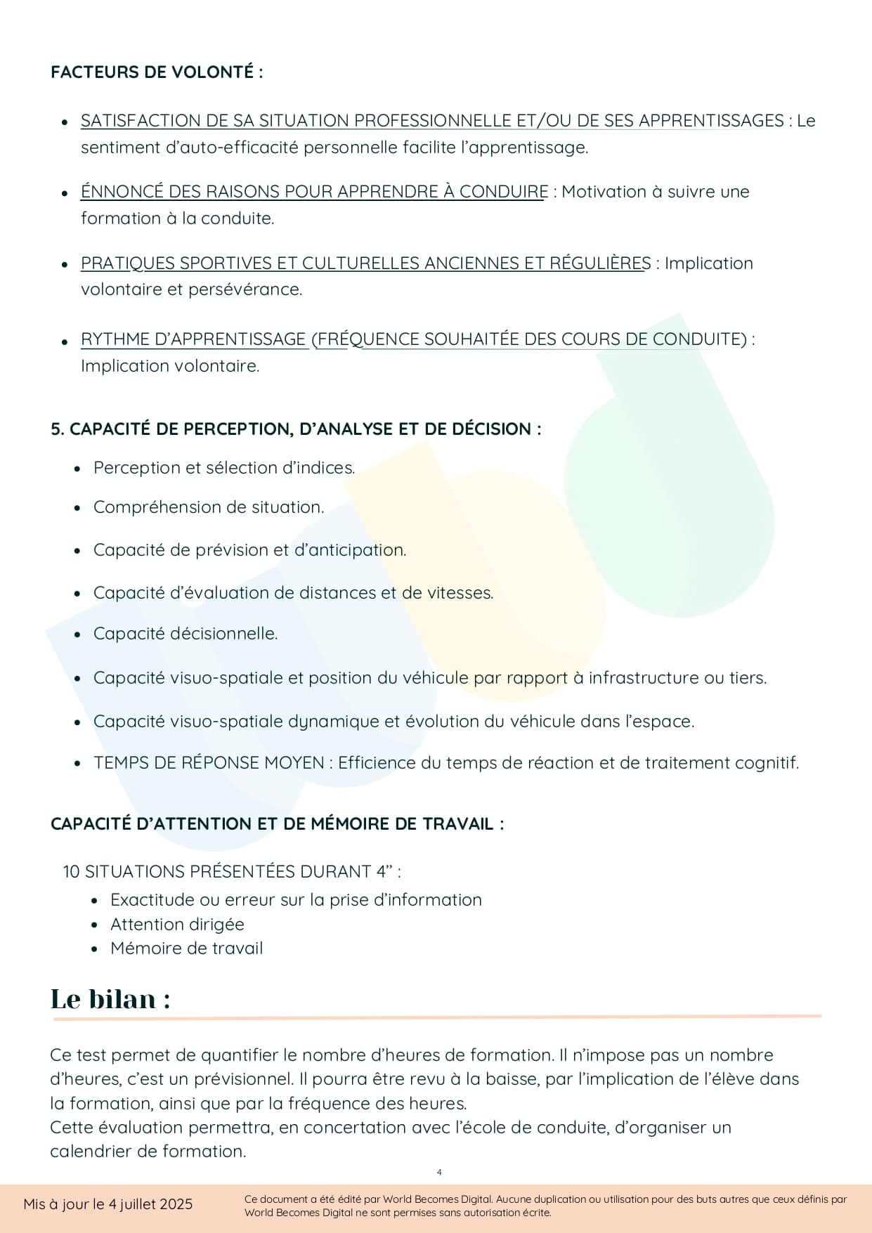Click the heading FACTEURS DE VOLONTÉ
point(156,72)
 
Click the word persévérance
point(245,289)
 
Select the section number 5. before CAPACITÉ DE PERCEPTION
point(57,429)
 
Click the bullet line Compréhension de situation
point(209,507)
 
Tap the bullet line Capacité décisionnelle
point(186,634)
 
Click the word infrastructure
point(644,678)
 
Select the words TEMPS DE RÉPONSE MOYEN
point(209,763)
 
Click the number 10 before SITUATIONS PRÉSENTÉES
point(72,872)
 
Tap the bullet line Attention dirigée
point(177,925)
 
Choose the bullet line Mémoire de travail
point(186,948)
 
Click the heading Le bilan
point(110,999)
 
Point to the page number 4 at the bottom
point(439,1172)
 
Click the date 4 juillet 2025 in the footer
point(150,1204)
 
